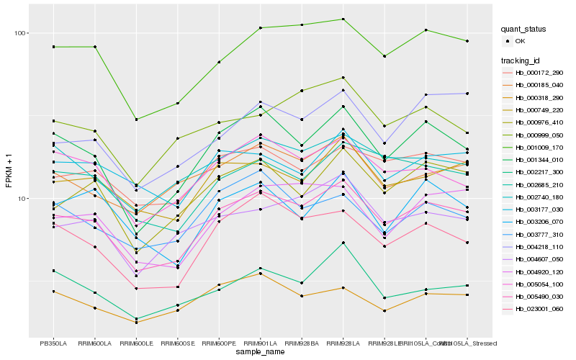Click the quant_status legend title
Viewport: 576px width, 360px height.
coord(524,30)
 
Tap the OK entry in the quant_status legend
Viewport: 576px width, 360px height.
coord(520,42)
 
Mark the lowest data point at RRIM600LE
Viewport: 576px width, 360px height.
coord(136,323)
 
